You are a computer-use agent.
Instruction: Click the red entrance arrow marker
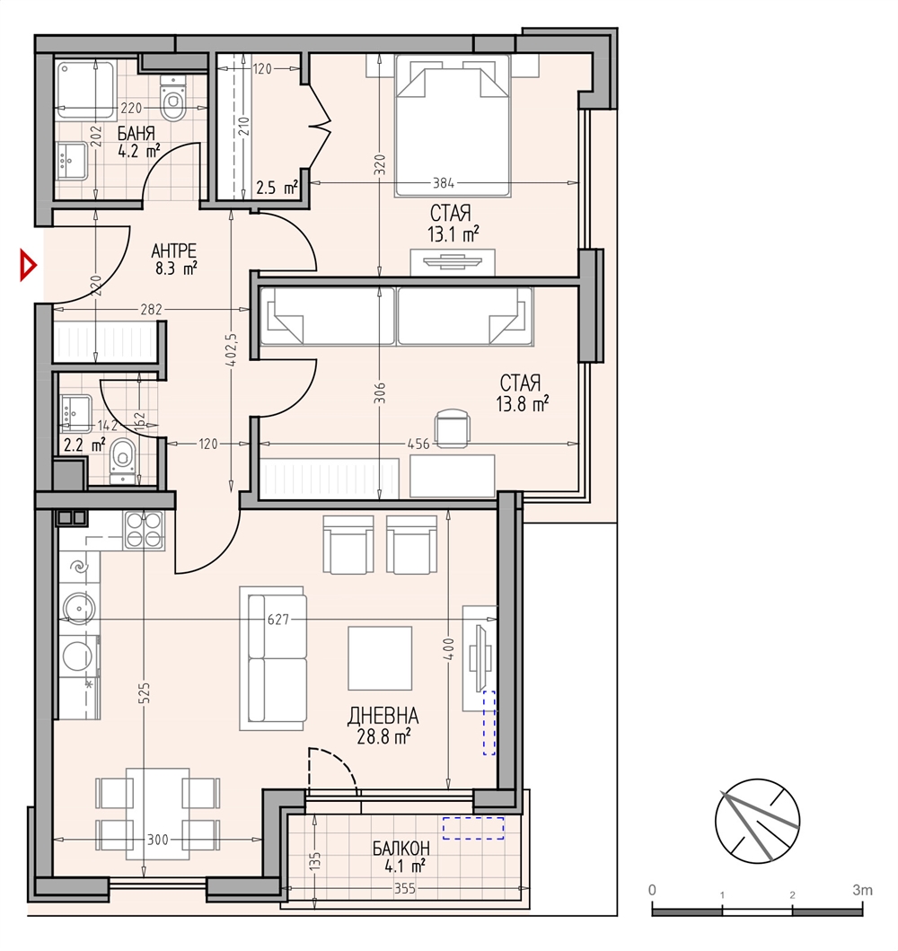pos(27,265)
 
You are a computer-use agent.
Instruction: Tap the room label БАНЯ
pos(136,134)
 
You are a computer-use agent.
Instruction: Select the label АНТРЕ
pos(173,251)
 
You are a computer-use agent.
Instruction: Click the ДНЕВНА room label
pos(383,717)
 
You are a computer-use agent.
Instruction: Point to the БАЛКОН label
pos(401,848)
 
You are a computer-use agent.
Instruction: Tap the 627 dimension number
pos(277,620)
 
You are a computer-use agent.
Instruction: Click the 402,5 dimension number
pos(231,351)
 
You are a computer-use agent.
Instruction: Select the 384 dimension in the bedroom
pos(444,182)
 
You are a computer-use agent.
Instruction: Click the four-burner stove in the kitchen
pos(145,531)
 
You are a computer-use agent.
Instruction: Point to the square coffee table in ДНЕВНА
pos(380,658)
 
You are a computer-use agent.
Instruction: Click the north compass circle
pos(757,821)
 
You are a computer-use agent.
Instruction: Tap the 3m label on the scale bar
pos(861,890)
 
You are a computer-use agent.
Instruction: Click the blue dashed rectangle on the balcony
pos(473,828)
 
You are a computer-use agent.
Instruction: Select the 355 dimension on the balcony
pos(405,888)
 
